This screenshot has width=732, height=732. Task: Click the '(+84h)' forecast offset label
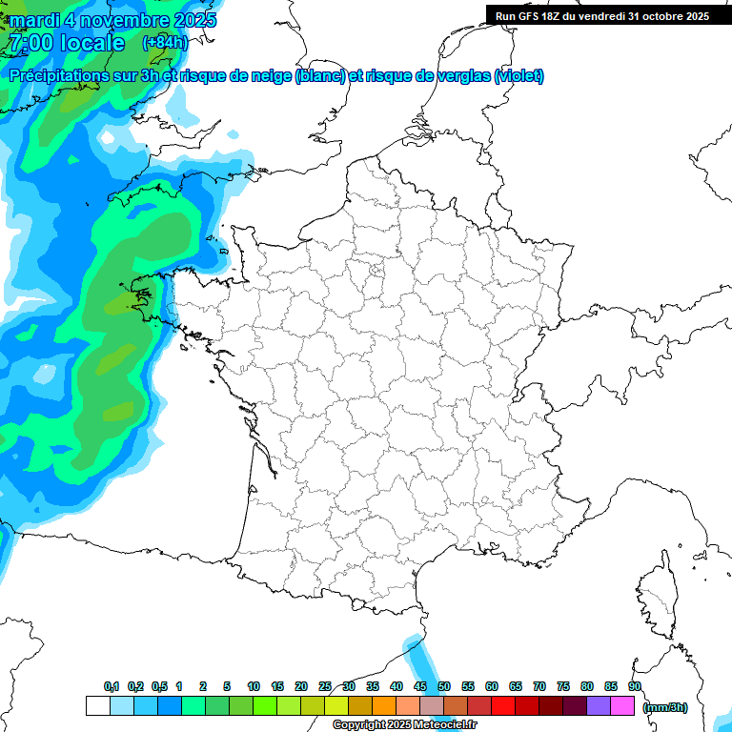coord(165,43)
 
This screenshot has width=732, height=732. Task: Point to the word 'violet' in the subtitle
coord(519,76)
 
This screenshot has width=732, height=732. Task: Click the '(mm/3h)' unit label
coord(665,707)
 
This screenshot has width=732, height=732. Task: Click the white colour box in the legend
coord(97,706)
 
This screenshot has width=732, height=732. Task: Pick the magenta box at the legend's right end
coord(622,706)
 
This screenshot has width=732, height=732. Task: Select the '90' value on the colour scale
coord(634,686)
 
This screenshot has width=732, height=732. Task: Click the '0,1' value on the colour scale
coord(111,686)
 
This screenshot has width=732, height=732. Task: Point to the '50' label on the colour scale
coord(443,686)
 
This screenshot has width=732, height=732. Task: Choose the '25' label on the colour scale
coord(325,686)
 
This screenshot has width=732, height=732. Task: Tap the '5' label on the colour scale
coord(227,686)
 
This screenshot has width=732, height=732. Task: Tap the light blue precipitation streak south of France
coord(417,658)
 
